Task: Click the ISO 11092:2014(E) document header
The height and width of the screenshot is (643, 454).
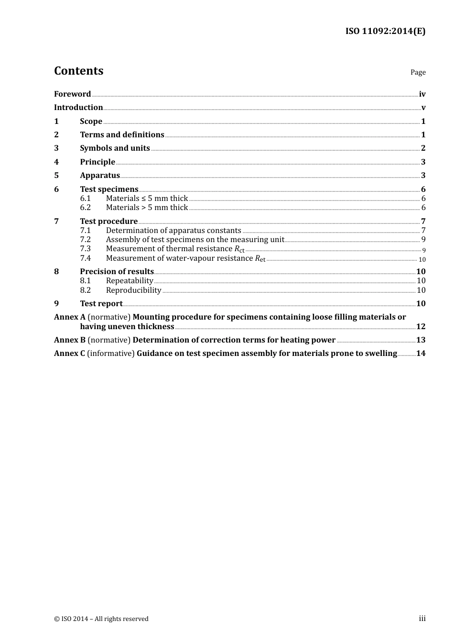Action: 385,32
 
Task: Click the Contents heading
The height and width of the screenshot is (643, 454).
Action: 78,71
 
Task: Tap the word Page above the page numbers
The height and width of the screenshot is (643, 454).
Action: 418,72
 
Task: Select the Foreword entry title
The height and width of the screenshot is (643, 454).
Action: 72,94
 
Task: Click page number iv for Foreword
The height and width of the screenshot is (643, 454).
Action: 422,94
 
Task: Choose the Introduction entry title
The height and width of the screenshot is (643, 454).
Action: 78,108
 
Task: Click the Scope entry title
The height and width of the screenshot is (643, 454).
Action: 91,122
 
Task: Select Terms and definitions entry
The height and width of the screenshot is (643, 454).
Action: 122,135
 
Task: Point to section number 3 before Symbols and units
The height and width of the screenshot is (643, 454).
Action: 56,148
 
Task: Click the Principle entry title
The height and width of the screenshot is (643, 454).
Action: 97,162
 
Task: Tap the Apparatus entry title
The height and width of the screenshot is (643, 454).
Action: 100,176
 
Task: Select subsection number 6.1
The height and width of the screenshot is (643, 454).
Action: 85,199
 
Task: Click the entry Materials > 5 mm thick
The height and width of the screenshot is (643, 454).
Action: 147,208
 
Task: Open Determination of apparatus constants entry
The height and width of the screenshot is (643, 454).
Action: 173,231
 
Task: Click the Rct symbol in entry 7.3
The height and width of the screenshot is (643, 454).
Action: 239,249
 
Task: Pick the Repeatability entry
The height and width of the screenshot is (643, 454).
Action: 130,281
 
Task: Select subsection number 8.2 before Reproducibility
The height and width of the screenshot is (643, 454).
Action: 85,290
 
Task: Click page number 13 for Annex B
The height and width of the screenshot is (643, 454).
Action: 421,340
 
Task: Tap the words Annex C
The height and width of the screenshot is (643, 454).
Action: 69,354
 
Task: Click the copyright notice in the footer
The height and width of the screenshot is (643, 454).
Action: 101,619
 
